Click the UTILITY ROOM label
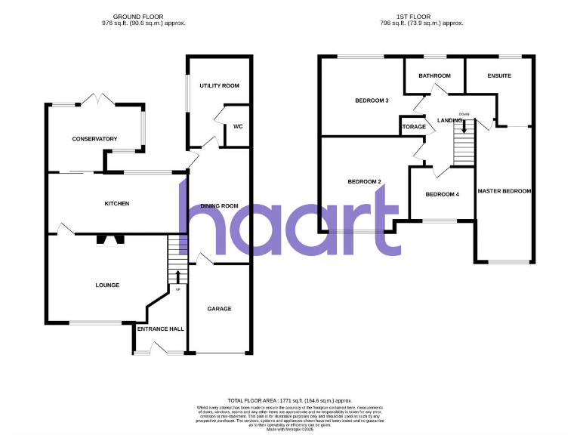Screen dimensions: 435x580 tap(219, 86)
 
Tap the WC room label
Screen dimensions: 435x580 tap(237, 126)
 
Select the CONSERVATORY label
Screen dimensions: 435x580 tap(94, 139)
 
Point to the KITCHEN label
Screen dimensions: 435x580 tap(117, 204)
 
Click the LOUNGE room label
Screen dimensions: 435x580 tap(107, 285)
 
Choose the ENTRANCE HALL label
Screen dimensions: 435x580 tap(160, 329)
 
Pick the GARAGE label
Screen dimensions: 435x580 tap(219, 308)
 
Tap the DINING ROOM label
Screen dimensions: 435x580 tap(219, 206)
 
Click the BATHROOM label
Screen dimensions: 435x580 tap(434, 76)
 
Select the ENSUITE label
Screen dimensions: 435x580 tap(498, 76)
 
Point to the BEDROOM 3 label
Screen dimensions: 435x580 tap(372, 100)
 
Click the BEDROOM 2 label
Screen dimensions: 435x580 tap(364, 181)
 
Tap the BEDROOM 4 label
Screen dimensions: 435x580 tap(442, 195)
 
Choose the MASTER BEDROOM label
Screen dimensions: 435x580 tap(504, 191)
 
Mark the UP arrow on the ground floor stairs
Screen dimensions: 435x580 tap(178, 276)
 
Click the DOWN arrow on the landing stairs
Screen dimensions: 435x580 tap(464, 125)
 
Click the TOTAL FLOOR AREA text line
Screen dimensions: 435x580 tap(290, 400)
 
